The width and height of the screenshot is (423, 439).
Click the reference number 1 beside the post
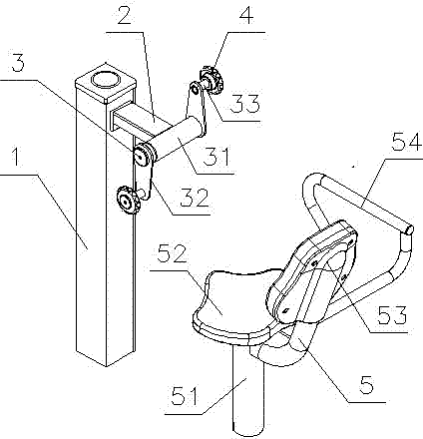15,157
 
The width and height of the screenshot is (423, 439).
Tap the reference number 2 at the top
125,13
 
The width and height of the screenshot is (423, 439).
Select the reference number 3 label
18,64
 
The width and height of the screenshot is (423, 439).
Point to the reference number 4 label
245,13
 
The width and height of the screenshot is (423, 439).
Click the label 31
216,157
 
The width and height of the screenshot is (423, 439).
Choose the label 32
194,198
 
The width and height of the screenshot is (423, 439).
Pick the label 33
244,103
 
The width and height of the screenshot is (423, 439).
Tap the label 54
406,143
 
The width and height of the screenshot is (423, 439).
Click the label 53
392,314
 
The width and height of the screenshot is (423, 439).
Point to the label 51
185,396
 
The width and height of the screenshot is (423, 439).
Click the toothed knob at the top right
212,80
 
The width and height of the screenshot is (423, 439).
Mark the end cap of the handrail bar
409,229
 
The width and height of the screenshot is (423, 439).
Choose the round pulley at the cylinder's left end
144,155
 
